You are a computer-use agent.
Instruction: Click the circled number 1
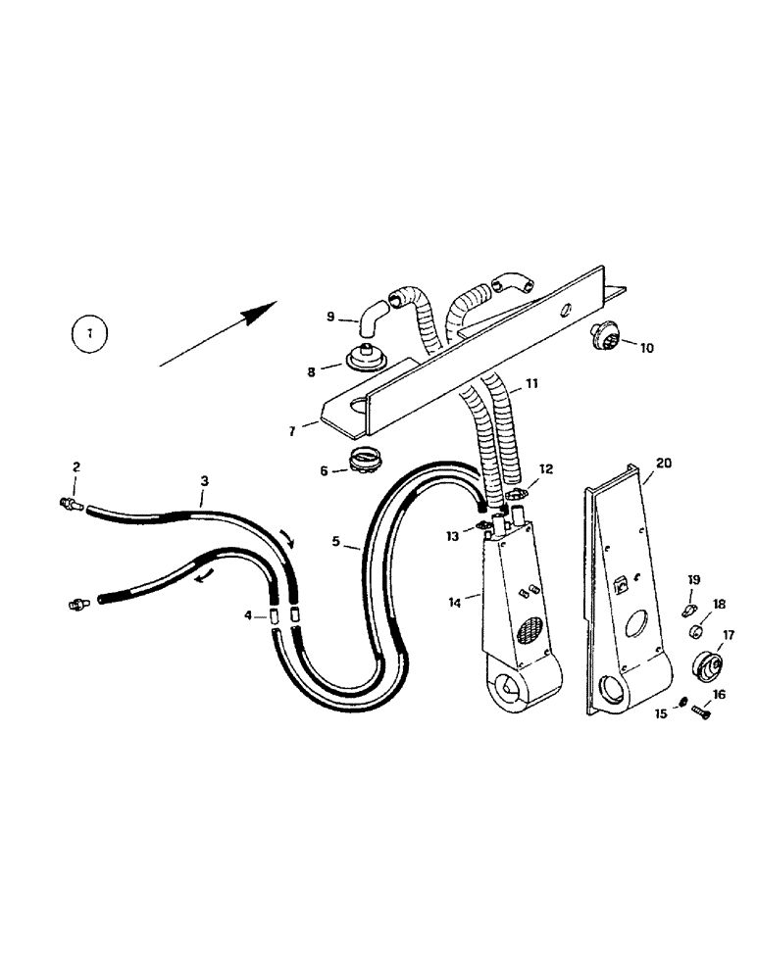tap(89, 334)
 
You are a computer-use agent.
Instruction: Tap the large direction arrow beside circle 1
tap(219, 335)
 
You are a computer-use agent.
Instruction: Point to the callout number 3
tap(204, 482)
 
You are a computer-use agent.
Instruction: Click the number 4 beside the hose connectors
tap(248, 615)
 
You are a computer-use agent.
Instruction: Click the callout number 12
tap(547, 470)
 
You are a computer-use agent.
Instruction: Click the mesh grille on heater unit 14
tap(530, 643)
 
